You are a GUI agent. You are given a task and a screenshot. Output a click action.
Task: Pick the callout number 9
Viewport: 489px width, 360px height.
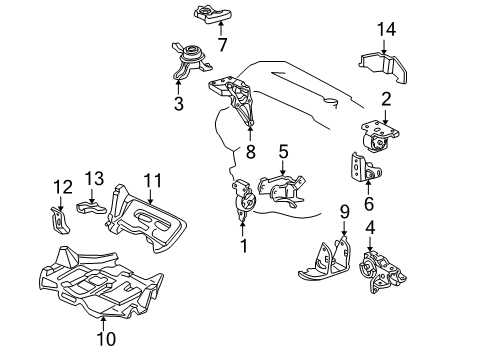(344, 212)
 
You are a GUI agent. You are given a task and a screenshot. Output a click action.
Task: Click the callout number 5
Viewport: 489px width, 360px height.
(284, 152)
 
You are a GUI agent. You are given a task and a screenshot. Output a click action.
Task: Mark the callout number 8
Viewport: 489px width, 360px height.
(250, 153)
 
